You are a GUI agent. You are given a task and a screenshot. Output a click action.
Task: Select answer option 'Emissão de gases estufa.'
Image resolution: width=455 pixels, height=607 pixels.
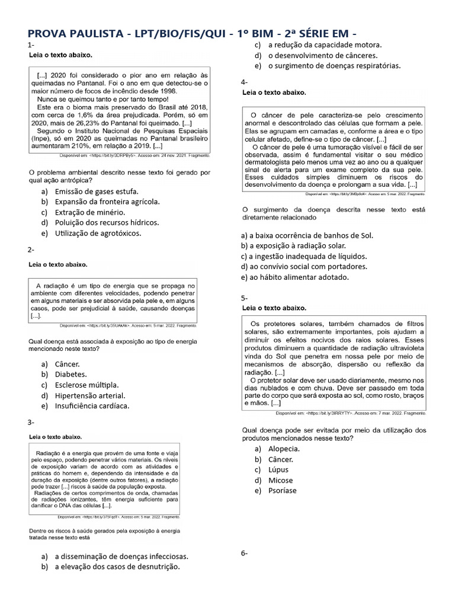click(97, 191)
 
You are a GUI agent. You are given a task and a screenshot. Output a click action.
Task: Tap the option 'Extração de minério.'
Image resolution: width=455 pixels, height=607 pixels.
click(90, 212)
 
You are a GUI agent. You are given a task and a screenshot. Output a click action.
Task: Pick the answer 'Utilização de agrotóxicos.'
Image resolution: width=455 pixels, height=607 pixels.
click(98, 233)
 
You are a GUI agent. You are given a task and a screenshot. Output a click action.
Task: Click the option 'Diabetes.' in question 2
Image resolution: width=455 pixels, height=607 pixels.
click(71, 374)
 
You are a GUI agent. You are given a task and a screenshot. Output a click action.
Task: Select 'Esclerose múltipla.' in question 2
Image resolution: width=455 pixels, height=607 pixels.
click(86, 385)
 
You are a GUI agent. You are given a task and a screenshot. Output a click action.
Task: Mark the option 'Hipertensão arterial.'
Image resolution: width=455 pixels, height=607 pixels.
click(90, 395)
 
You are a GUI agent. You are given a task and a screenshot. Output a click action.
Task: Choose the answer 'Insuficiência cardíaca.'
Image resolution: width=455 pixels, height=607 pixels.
click(92, 406)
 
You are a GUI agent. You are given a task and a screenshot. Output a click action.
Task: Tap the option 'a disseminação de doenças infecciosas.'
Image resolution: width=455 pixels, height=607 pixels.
click(121, 557)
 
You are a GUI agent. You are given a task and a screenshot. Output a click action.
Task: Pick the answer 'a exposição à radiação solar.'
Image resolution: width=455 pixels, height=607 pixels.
click(293, 245)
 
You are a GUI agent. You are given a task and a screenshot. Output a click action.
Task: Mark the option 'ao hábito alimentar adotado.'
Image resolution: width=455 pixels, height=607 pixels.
click(295, 277)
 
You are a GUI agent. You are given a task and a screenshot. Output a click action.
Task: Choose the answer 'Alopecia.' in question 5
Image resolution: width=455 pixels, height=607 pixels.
click(284, 448)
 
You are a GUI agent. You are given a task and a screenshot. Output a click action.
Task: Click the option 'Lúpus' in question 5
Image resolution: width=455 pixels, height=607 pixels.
click(278, 469)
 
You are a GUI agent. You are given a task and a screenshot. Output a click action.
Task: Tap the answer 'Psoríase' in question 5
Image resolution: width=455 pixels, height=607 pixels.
click(282, 491)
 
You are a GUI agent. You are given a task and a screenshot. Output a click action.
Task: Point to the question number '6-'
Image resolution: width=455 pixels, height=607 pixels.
click(244, 553)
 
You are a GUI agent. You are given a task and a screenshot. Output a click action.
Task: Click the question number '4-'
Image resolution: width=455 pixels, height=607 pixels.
click(244, 82)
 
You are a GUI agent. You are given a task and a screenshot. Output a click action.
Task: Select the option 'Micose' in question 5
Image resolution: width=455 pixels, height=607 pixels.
click(280, 480)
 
